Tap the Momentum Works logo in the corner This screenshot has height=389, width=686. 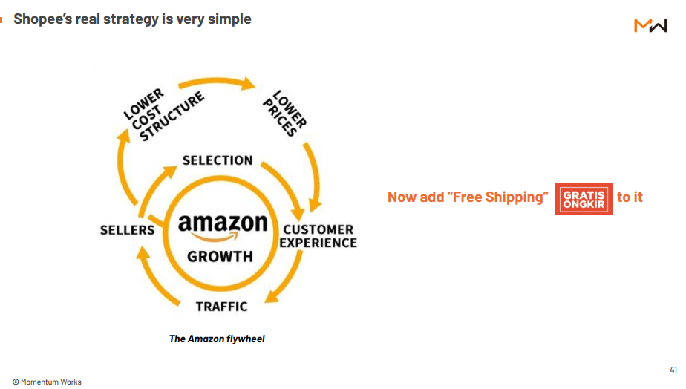click(x=650, y=25)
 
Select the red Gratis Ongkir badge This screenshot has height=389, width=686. click(x=584, y=199)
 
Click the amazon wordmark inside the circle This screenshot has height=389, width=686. click(x=223, y=223)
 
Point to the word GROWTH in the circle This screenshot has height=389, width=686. click(x=220, y=256)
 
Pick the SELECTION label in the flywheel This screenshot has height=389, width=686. click(x=218, y=160)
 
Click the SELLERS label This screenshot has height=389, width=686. click(x=127, y=230)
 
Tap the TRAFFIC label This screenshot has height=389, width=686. click(x=221, y=307)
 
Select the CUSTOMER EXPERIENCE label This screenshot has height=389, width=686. click(x=318, y=236)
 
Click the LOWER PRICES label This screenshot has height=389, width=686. click(x=285, y=114)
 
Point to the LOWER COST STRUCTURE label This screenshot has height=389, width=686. click(x=163, y=115)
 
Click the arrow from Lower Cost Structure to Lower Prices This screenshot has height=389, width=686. click(x=217, y=82)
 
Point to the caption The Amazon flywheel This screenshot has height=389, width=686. click(x=217, y=339)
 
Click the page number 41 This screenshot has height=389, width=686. click(x=673, y=370)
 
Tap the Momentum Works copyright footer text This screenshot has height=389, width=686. click(x=47, y=382)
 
